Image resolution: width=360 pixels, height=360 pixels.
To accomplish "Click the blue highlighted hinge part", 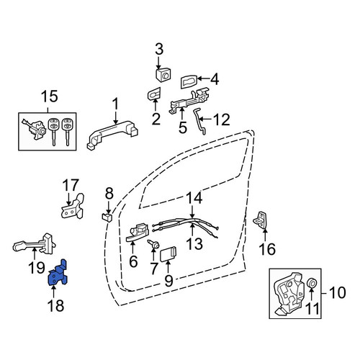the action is click(x=57, y=274).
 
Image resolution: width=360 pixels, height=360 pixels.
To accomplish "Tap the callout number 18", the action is click(x=56, y=305).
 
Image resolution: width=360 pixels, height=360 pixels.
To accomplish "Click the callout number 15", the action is click(x=50, y=96).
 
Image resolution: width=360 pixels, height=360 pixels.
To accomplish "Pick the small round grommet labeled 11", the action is click(x=312, y=283).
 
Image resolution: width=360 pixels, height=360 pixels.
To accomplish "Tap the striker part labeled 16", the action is click(x=260, y=220).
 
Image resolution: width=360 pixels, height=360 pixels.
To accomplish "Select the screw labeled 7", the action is click(x=153, y=245).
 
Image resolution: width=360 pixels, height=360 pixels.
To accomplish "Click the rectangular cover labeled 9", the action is click(x=168, y=254).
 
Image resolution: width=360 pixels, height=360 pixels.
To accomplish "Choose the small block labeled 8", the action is click(x=107, y=217).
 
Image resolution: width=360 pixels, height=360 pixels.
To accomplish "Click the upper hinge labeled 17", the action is click(x=73, y=207).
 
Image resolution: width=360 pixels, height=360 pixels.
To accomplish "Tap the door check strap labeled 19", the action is click(x=34, y=244).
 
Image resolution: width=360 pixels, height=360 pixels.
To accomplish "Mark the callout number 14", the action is click(x=194, y=197).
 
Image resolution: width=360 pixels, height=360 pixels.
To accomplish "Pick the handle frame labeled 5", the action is click(x=189, y=101).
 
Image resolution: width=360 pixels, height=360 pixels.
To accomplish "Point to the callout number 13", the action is click(x=194, y=243).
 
